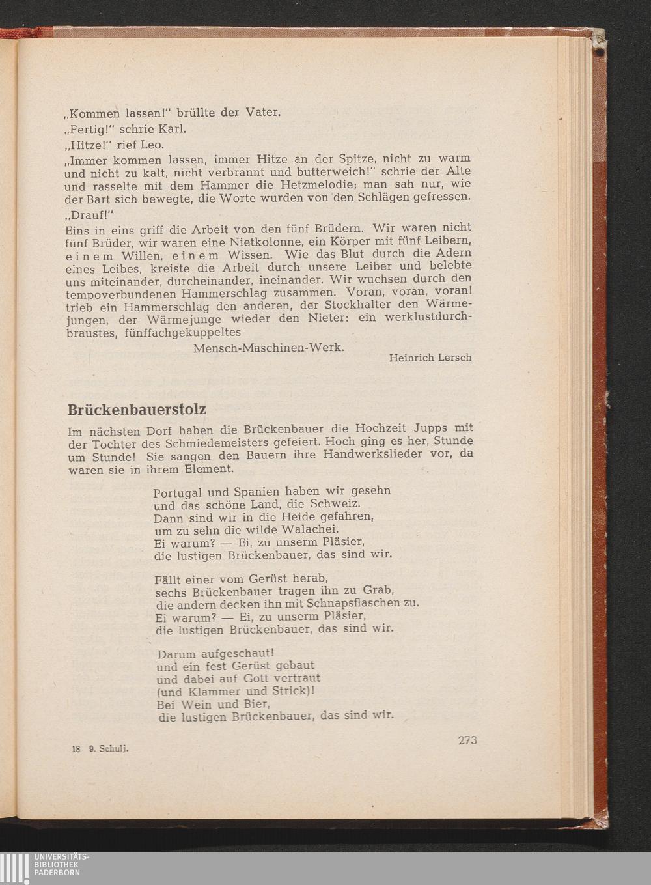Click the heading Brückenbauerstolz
(137, 410)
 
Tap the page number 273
(467, 740)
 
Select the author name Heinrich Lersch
(430, 358)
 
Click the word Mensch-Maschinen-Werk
(268, 348)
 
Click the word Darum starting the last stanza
(176, 653)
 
